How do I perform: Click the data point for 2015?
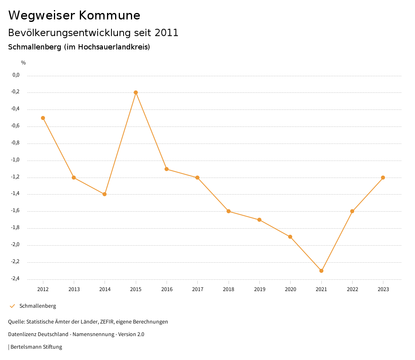click(136, 92)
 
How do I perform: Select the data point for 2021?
click(321, 271)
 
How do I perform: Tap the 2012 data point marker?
click(43, 118)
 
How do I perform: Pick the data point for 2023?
click(383, 178)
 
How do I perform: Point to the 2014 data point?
click(105, 194)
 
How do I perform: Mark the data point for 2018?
click(229, 211)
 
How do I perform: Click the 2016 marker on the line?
click(167, 169)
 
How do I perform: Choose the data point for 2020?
click(290, 237)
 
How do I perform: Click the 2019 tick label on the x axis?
click(259, 289)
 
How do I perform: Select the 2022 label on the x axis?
click(352, 289)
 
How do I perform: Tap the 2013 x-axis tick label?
click(74, 289)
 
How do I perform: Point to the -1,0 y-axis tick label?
click(15, 160)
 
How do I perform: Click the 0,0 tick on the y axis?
click(16, 75)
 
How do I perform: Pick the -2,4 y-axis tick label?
click(15, 279)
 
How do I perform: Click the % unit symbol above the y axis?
click(24, 63)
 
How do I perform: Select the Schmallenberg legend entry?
click(37, 306)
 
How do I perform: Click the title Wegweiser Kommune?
click(74, 15)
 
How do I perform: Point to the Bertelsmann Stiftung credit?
click(36, 347)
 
